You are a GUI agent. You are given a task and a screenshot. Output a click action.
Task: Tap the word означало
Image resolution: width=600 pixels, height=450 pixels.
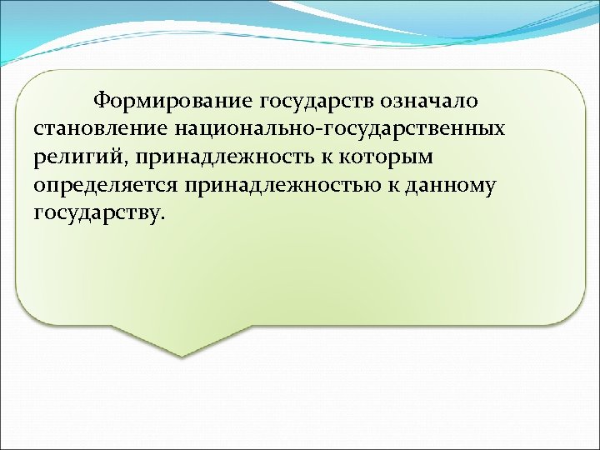pyautogui.click(x=430, y=102)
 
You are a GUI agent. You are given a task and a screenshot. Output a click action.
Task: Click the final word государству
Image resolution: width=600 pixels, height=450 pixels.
pyautogui.click(x=97, y=213)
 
